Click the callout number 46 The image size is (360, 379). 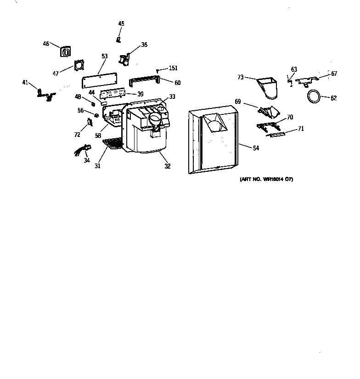[46, 44]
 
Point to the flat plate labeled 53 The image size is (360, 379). [98, 82]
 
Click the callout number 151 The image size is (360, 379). [173, 68]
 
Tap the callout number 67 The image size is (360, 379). [334, 74]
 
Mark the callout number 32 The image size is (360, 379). [168, 166]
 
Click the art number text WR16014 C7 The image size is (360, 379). [266, 179]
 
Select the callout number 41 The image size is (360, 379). [25, 82]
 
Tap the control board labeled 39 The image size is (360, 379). [113, 94]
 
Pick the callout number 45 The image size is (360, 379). [121, 23]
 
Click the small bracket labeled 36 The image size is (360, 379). [124, 59]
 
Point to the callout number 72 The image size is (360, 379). [77, 135]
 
